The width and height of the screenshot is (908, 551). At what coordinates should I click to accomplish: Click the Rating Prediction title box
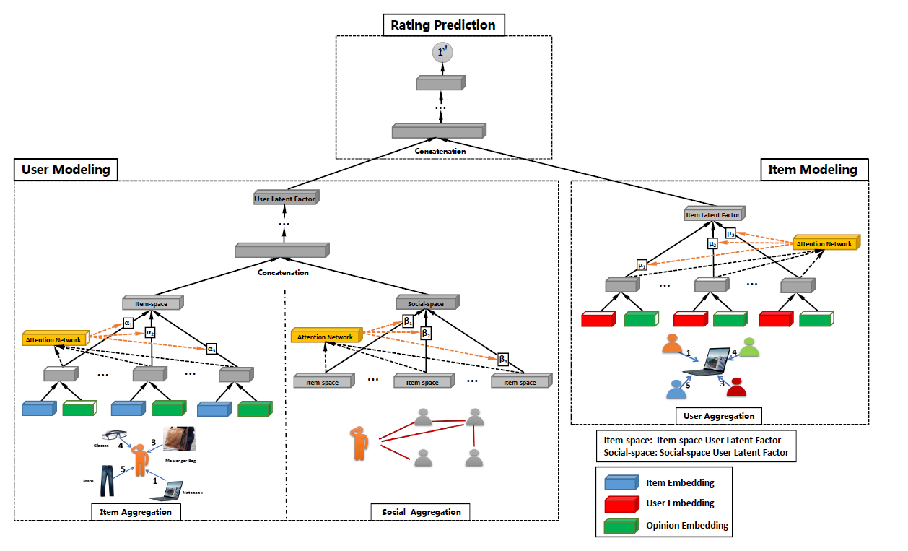tap(443, 25)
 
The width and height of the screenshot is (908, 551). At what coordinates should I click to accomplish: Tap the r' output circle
tap(442, 52)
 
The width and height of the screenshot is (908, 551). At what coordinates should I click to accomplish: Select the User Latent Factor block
tap(286, 198)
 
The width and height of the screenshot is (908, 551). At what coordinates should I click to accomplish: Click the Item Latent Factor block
tap(713, 214)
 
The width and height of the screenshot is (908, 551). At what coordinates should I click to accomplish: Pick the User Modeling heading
tap(66, 170)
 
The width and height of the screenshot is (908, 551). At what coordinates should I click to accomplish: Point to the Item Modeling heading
tap(814, 170)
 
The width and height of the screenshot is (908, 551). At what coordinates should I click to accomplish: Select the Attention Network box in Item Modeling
tap(825, 243)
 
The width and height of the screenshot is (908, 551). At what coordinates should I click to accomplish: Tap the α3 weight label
tap(211, 348)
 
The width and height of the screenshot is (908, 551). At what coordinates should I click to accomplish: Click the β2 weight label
tap(426, 334)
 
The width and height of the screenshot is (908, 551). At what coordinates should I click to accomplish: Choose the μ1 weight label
tap(641, 264)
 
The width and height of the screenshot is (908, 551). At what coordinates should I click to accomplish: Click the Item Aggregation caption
tap(136, 512)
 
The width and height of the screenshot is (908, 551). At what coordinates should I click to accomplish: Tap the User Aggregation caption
tap(719, 415)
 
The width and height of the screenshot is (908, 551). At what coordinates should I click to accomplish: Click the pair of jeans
tap(107, 480)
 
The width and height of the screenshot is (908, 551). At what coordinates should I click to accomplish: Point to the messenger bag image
tap(178, 439)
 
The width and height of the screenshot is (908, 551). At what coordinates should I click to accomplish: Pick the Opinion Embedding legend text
tap(686, 525)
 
